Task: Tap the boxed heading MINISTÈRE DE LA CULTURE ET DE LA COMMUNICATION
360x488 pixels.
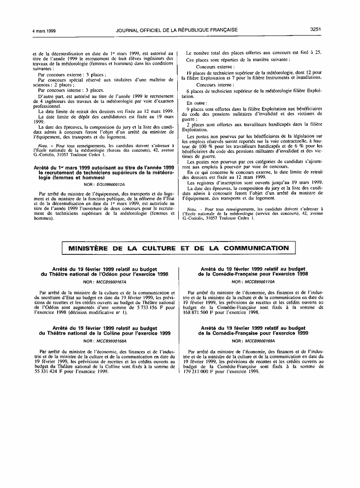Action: [179, 248]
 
